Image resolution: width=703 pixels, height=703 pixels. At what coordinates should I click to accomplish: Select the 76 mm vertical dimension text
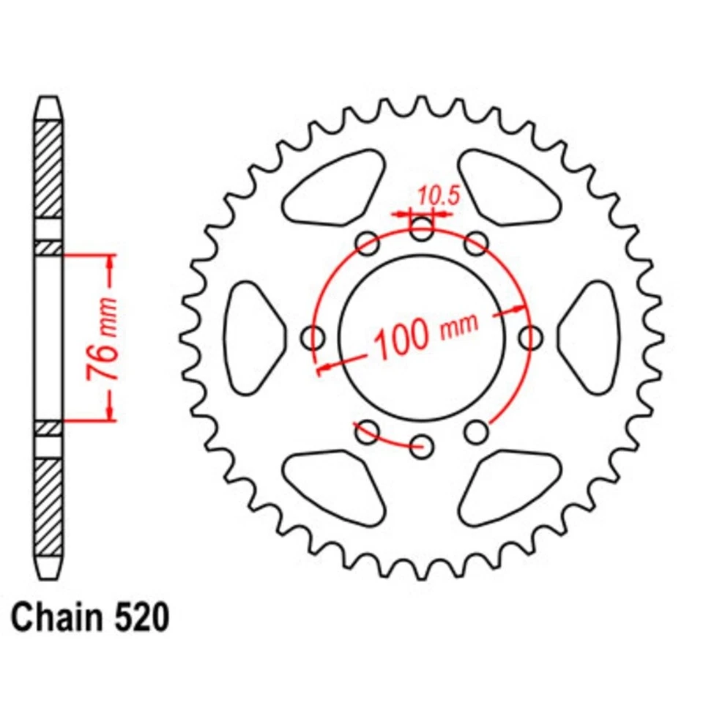[103, 338]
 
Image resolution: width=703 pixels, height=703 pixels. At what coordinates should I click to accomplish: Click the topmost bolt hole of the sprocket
[421, 229]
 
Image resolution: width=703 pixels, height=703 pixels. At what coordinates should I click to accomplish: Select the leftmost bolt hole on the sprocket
[315, 338]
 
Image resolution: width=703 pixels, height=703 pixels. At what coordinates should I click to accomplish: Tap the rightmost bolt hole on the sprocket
[530, 338]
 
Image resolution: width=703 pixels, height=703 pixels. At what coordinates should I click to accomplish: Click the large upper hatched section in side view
[49, 168]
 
